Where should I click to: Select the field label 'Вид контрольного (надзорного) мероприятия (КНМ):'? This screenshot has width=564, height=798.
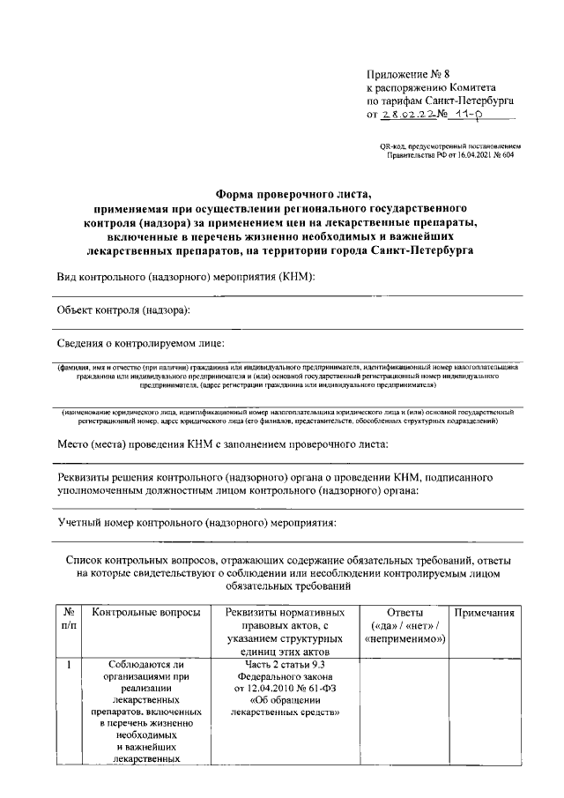186,278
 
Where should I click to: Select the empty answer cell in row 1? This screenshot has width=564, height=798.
404,714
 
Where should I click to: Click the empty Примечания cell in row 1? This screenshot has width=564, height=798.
483,714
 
